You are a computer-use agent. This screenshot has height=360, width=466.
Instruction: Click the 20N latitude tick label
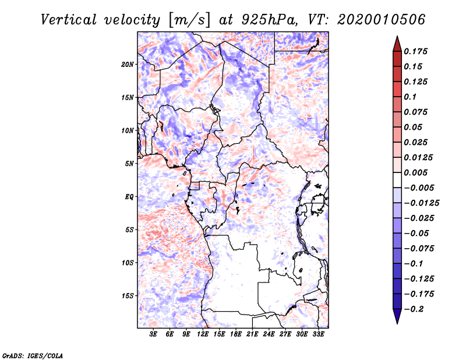click(x=127, y=65)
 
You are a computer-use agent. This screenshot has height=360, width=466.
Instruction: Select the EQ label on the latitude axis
click(x=129, y=197)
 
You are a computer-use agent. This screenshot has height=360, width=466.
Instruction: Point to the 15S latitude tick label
click(x=128, y=296)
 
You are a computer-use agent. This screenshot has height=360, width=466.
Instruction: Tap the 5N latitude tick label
click(x=129, y=164)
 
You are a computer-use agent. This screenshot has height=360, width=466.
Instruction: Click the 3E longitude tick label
click(x=153, y=334)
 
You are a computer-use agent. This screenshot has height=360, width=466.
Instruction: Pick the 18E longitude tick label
click(x=236, y=334)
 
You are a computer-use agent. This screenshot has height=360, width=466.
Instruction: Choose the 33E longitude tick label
click(x=318, y=334)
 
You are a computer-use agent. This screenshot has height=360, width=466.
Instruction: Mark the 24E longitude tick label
click(x=269, y=334)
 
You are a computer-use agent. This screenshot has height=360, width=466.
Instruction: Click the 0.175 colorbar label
click(x=415, y=51)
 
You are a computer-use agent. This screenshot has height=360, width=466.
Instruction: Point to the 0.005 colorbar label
click(x=415, y=172)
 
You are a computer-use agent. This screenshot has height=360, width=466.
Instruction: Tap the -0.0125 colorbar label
click(x=422, y=203)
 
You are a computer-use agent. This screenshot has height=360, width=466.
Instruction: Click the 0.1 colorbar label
click(x=410, y=97)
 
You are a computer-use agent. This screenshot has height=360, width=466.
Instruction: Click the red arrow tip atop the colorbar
click(x=397, y=36)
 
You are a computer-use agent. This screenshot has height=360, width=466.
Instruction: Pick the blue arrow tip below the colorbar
click(x=397, y=323)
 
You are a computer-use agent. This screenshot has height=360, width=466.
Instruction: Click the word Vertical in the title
click(x=69, y=20)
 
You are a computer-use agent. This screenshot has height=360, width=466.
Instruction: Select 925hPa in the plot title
click(x=270, y=20)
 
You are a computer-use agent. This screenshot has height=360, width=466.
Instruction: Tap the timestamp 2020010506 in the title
click(x=382, y=20)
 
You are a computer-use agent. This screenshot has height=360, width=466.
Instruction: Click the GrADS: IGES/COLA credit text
click(x=33, y=355)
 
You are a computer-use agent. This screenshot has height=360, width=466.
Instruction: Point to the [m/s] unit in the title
click(x=189, y=20)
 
